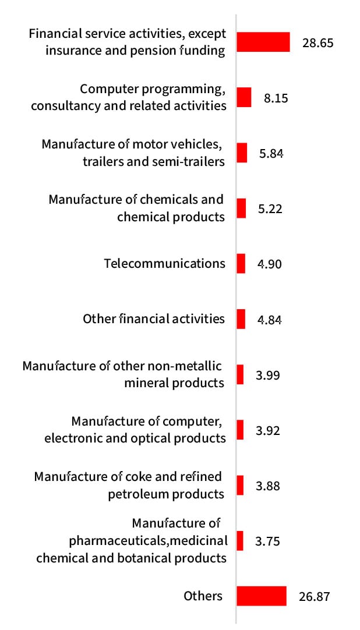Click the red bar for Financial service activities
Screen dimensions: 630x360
[263, 43]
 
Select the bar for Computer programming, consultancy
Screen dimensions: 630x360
[244, 97]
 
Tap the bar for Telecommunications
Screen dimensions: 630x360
[241, 263]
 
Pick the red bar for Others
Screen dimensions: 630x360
[262, 596]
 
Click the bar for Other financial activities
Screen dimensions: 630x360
[241, 319]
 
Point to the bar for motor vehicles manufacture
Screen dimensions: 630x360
[242, 153]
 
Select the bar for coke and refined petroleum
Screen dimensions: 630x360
[240, 485]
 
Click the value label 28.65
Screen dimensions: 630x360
[317, 43]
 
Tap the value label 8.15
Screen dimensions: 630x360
[276, 98]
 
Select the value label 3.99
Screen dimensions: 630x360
[268, 375]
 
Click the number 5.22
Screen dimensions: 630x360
[270, 208]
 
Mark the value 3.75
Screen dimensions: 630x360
[268, 541]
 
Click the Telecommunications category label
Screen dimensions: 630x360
[164, 263]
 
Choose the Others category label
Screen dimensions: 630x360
[203, 596]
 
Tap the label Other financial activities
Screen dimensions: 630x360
[154, 319]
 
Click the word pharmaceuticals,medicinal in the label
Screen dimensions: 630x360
[148, 540]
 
